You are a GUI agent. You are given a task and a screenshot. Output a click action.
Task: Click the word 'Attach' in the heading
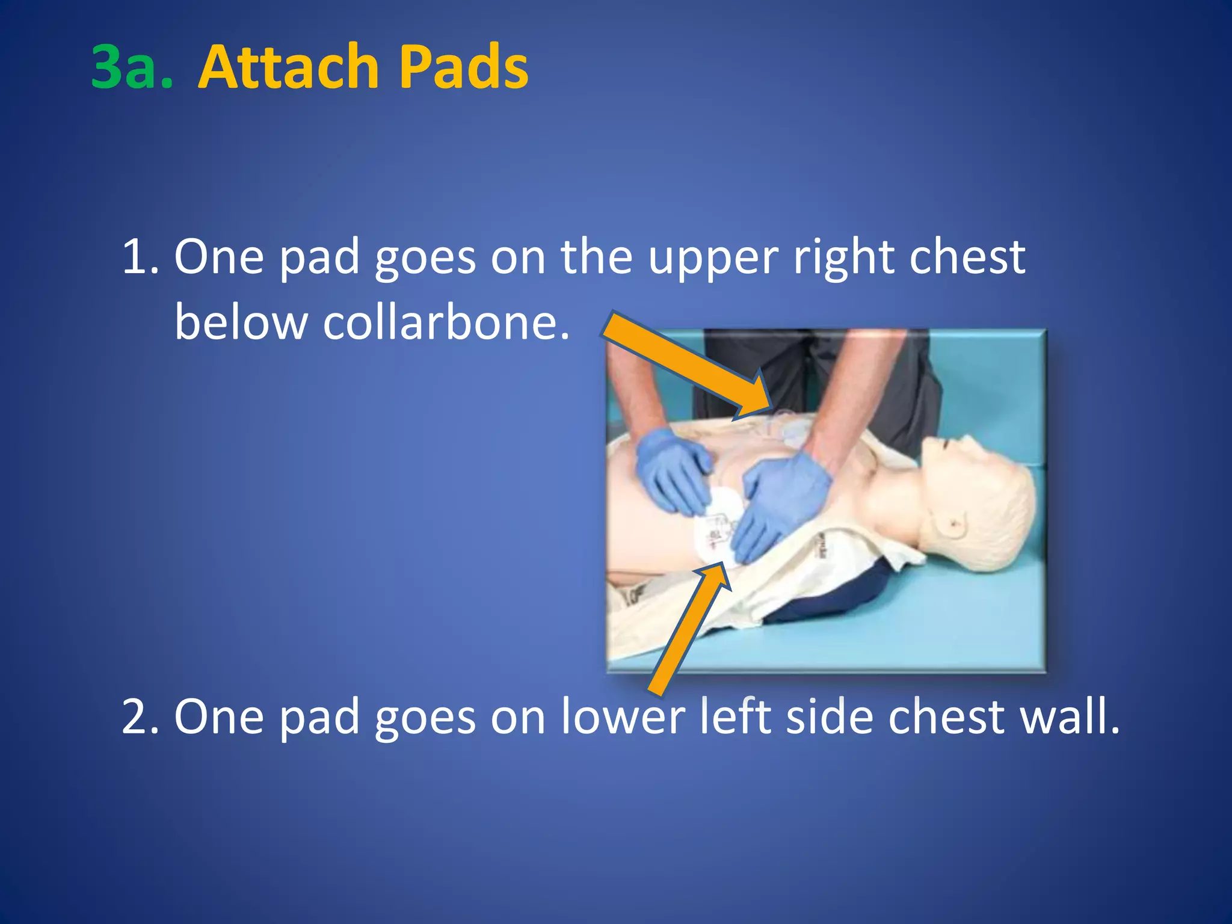pos(288,67)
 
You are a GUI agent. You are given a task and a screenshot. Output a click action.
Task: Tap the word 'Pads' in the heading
pos(463,67)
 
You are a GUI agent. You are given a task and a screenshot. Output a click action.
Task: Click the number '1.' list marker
pos(140,257)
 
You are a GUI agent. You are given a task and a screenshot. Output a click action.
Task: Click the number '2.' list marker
pos(140,717)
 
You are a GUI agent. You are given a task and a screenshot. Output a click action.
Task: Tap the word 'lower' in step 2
pos(623,717)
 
